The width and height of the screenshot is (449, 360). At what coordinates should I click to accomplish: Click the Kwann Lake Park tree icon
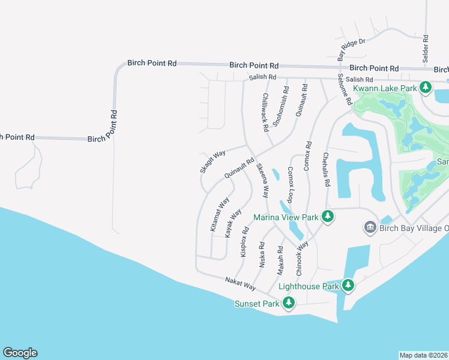[426, 88]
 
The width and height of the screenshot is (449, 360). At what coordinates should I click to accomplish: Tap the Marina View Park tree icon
[328, 217]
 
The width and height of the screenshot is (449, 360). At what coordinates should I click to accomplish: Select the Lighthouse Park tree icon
[348, 286]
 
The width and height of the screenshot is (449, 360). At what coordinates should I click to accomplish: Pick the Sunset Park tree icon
[289, 303]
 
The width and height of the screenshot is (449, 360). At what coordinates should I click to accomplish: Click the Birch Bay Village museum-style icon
[370, 227]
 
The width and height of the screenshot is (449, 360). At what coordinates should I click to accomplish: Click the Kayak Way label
[233, 223]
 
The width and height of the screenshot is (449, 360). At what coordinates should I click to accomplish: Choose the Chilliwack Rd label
[265, 112]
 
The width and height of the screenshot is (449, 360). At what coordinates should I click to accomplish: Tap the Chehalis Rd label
[327, 169]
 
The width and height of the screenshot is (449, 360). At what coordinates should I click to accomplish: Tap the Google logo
[20, 353]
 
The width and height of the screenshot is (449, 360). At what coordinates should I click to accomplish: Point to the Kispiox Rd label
[244, 242]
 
